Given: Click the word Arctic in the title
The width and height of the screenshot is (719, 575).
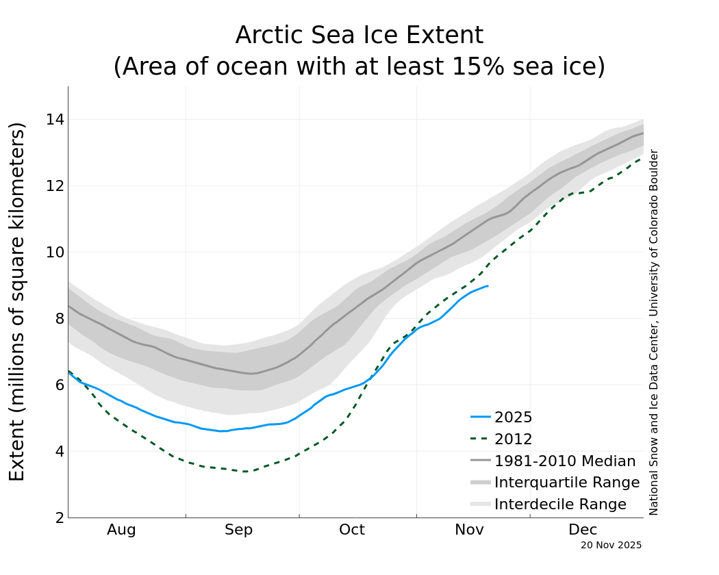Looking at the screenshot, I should pos(264,36).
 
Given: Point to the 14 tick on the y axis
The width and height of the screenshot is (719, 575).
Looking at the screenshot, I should pos(54,120).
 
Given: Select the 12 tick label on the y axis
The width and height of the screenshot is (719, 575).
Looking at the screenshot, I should pos(54,186).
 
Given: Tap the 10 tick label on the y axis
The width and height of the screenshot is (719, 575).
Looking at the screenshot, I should pos(54,253).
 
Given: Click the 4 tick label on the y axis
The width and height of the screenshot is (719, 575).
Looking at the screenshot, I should pos(59,451).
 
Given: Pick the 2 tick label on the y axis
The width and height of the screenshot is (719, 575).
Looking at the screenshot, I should pos(59,517).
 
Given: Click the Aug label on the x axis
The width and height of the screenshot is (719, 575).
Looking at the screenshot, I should pos(121,530).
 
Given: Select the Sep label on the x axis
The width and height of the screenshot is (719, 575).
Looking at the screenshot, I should pos(238,530).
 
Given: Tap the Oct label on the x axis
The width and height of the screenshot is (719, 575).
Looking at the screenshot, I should pos(352,530).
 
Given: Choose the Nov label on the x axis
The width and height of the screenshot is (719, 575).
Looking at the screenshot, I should pos(469,530).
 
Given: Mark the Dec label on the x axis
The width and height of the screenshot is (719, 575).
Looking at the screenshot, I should pos(583,530).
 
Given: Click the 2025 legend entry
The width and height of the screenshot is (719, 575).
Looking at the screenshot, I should pos(513,418).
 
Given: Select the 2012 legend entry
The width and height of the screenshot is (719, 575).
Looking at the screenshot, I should pos(513,439).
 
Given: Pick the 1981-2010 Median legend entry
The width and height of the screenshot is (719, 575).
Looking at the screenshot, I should pos(564,461).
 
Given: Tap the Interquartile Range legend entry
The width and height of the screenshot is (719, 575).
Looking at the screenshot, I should pos(566,483).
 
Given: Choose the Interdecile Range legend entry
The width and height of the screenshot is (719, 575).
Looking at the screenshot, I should pos(559,504).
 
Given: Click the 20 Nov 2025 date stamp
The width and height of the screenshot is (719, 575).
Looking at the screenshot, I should pos(611,546).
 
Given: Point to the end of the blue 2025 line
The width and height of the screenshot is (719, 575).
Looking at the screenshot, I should pos(488,285).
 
